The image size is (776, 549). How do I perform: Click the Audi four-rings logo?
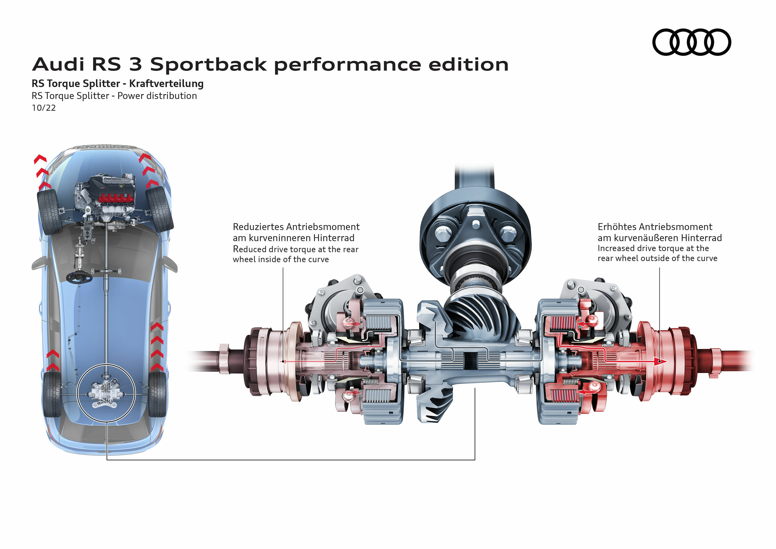pos(691,42)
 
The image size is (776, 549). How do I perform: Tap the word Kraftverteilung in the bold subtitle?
pos(166,84)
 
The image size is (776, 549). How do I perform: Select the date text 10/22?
pos(44,108)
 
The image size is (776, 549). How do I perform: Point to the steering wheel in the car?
pos(79,278)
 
